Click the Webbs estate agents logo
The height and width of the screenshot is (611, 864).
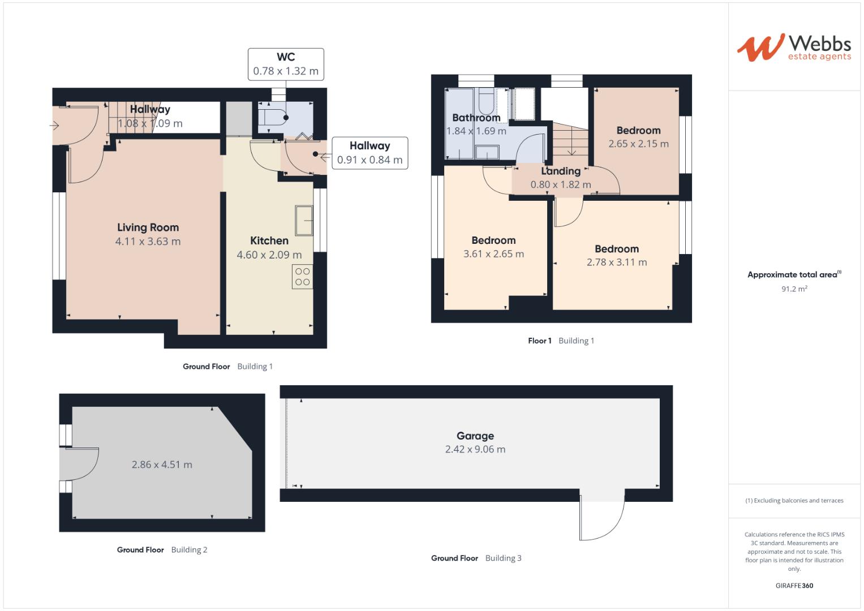(x=793, y=48)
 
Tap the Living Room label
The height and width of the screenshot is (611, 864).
(x=148, y=227)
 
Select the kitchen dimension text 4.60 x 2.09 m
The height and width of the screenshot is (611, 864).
(x=269, y=255)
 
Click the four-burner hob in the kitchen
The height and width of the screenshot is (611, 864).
(x=302, y=277)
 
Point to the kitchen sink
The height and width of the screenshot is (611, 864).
(x=303, y=220)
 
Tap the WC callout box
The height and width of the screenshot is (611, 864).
(x=286, y=64)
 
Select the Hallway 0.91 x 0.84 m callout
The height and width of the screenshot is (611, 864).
(x=369, y=153)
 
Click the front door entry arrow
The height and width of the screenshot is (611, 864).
(x=55, y=126)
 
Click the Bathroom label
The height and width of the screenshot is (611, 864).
(x=476, y=118)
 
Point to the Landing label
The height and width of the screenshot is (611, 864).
(x=561, y=171)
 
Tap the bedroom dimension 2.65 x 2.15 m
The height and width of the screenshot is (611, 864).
(x=638, y=144)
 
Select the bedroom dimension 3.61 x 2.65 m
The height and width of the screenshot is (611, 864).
(x=493, y=254)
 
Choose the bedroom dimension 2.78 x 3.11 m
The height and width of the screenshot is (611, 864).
(x=617, y=262)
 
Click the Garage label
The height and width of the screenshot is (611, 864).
(x=475, y=436)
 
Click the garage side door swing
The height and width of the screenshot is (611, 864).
(x=602, y=519)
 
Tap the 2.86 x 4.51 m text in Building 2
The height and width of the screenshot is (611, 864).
(x=162, y=464)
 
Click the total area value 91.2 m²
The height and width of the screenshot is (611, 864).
(x=794, y=289)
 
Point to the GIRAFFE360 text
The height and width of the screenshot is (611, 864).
(x=794, y=586)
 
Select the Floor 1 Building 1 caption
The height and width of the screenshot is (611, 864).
(x=561, y=341)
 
